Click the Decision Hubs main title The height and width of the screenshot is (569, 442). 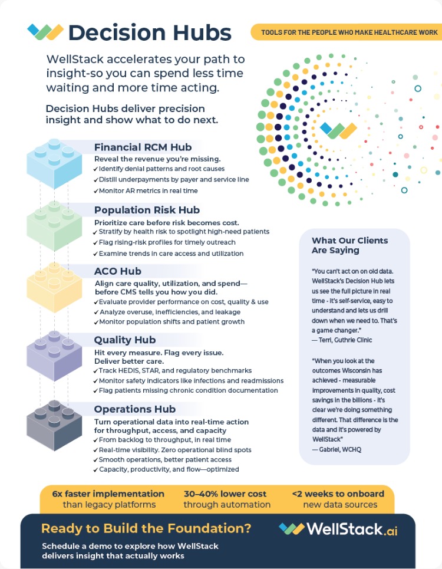point(150,32)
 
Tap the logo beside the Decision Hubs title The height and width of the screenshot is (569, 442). point(45,31)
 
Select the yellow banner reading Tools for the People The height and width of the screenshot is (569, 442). point(345,32)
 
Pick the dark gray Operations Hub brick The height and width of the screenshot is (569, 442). point(54,425)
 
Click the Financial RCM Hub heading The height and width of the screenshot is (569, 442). point(143,147)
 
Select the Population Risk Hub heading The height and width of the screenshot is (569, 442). point(147,210)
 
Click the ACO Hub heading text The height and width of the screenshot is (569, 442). point(118,271)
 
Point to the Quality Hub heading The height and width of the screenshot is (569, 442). point(125,340)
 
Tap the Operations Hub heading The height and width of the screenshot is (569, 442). point(135,409)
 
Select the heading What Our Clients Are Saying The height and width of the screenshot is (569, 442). point(349,245)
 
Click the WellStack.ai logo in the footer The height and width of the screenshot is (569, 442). point(338,529)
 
